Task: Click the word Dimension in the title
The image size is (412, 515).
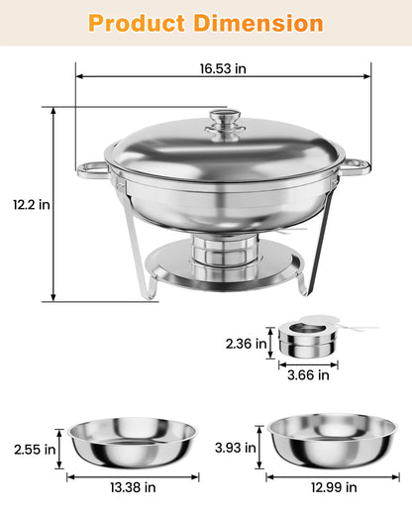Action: click(261, 23)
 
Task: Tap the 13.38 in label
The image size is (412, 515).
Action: click(134, 488)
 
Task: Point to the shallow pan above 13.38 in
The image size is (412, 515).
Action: click(133, 446)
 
